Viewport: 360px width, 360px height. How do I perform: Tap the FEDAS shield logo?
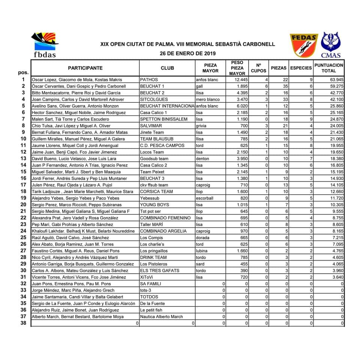304,46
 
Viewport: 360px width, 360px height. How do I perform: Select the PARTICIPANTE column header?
85,68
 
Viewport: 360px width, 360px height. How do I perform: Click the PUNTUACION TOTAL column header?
329,68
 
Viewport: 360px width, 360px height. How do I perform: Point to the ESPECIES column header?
301,68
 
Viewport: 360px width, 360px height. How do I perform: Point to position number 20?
23,205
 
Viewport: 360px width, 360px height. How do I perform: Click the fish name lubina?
203,251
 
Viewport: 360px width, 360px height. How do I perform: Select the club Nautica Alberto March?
162,317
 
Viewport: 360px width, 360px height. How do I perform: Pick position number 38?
23,323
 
